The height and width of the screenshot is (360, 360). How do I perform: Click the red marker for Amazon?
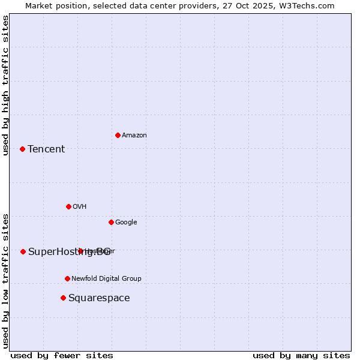pos(118,135)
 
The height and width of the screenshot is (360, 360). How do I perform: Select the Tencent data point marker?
pos(22,149)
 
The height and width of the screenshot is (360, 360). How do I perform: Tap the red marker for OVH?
pos(68,206)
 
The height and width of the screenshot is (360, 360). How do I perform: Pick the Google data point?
pos(111,222)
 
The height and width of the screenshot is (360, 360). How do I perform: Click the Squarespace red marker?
pos(63,298)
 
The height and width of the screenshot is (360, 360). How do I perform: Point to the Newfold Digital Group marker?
pos(67,278)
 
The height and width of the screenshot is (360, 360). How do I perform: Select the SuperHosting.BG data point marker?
pos(23,251)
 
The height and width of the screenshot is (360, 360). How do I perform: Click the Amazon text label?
pos(134,135)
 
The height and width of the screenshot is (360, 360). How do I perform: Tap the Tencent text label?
pos(46,149)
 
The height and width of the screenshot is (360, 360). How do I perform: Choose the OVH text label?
pos(80,206)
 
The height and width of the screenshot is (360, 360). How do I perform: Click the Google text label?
pos(126,222)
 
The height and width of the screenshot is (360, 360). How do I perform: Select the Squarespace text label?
pos(99,298)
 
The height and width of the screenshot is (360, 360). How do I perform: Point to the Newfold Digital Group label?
pos(106,278)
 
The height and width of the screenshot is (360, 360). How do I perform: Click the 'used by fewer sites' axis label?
pos(62,355)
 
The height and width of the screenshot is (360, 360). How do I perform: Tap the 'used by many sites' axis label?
pos(301,355)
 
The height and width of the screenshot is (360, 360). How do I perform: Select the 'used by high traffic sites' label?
pos(5,85)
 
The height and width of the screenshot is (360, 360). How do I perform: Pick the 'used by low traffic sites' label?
pos(5,280)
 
